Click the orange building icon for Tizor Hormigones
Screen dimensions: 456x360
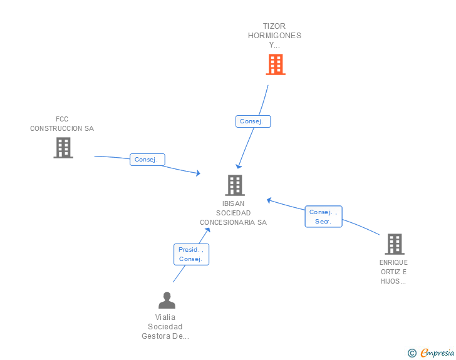tap(276, 64)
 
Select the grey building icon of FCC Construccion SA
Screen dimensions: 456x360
tap(63, 148)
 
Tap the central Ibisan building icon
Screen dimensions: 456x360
tap(235, 185)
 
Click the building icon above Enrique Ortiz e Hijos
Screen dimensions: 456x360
tap(395, 244)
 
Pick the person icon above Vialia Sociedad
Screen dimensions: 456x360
tap(167, 300)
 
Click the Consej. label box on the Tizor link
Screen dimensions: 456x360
tap(253, 121)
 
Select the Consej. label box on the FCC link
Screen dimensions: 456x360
tap(147, 160)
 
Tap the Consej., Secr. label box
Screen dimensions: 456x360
tap(323, 217)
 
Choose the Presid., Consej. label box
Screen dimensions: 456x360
tap(192, 254)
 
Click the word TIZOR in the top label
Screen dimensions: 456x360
tap(274, 26)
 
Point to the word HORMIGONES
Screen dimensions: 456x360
tap(274, 36)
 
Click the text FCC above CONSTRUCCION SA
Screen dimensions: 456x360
tap(62, 119)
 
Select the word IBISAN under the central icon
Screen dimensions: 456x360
tap(233, 203)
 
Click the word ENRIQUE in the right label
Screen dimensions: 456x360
tap(393, 262)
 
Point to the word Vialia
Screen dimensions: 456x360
tap(165, 317)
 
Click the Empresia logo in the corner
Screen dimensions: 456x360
tap(437, 352)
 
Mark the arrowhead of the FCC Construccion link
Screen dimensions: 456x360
tap(199, 173)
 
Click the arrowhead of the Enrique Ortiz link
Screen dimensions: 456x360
tap(269, 200)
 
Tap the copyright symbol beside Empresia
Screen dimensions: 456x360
tap(412, 353)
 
